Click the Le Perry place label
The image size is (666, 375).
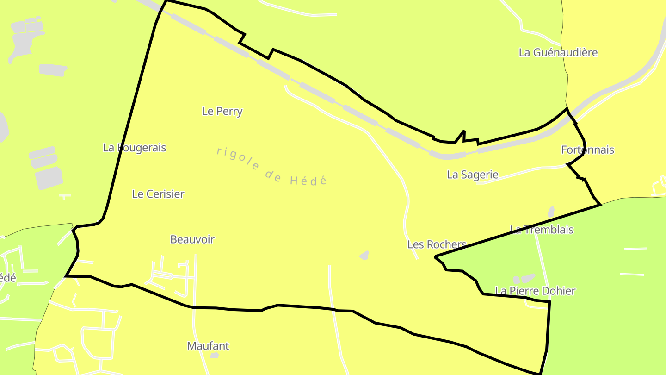tap(222, 111)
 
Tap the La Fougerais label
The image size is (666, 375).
tap(134, 148)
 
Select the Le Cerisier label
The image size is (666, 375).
tap(158, 194)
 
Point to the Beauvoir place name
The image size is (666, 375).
tap(192, 239)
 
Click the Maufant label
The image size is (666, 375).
tap(208, 346)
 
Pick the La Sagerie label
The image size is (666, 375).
tap(472, 175)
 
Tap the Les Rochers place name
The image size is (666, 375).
tap(437, 244)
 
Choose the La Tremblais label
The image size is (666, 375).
tap(542, 230)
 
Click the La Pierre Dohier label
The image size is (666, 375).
tap(535, 291)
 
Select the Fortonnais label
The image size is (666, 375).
tap(587, 150)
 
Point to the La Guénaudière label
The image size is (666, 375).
tap(558, 52)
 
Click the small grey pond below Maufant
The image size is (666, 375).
tap(214, 356)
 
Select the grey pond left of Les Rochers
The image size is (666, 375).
tap(364, 255)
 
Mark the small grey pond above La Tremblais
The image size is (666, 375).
tap(551, 212)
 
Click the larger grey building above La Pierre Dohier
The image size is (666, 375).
tap(528, 278)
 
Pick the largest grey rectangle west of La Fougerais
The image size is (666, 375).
tap(49, 178)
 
